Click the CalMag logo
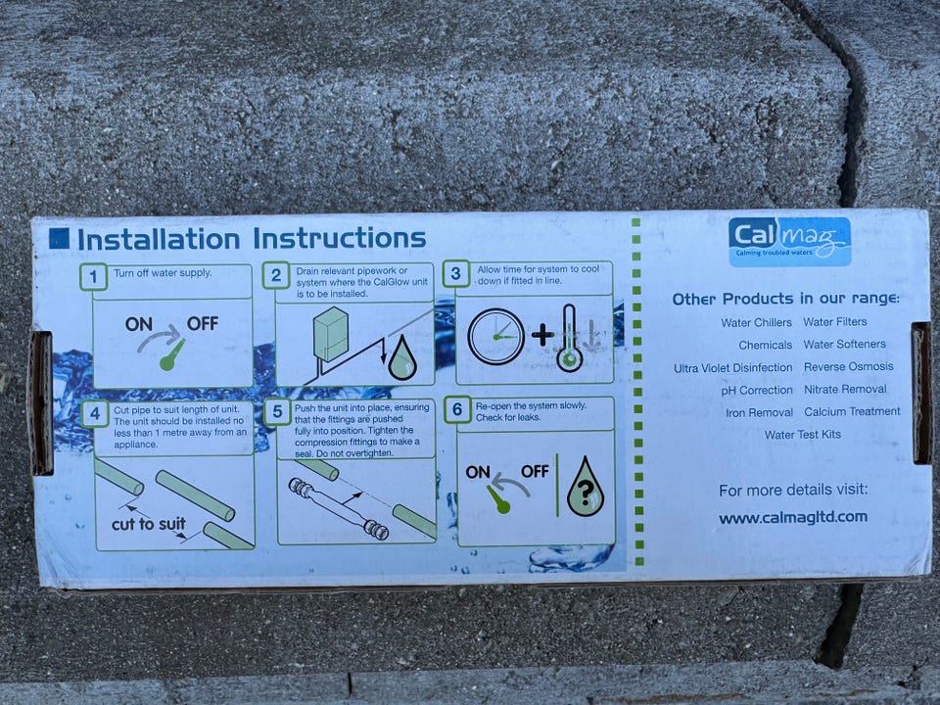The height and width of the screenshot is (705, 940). coord(789,241)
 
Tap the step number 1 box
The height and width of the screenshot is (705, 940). coord(94,277)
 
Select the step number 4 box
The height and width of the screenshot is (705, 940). coord(95,413)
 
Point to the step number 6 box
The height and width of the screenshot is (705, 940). coord(457,409)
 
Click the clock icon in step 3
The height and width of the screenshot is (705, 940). coord(495,336)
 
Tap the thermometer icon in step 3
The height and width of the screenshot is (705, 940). coord(569,338)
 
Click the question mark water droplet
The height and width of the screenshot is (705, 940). coord(586,487)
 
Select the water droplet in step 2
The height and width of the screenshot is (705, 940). coord(402,357)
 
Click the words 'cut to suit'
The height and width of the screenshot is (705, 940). coord(148,524)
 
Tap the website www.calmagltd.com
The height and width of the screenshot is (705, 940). coord(793,517)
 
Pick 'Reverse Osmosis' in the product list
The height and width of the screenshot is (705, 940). coord(848,366)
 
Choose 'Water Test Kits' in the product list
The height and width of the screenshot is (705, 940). coord(803,435)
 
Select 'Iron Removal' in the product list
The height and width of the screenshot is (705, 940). coord(759,412)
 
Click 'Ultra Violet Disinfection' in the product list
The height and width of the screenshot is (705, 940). coord(733,367)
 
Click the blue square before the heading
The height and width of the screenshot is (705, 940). coord(59,238)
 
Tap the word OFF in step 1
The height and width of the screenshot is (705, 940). coord(202,324)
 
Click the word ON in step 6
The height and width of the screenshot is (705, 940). coord(478,472)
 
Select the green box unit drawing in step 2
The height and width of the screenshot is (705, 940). coord(330,334)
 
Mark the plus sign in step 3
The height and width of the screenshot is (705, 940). coord(542,335)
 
